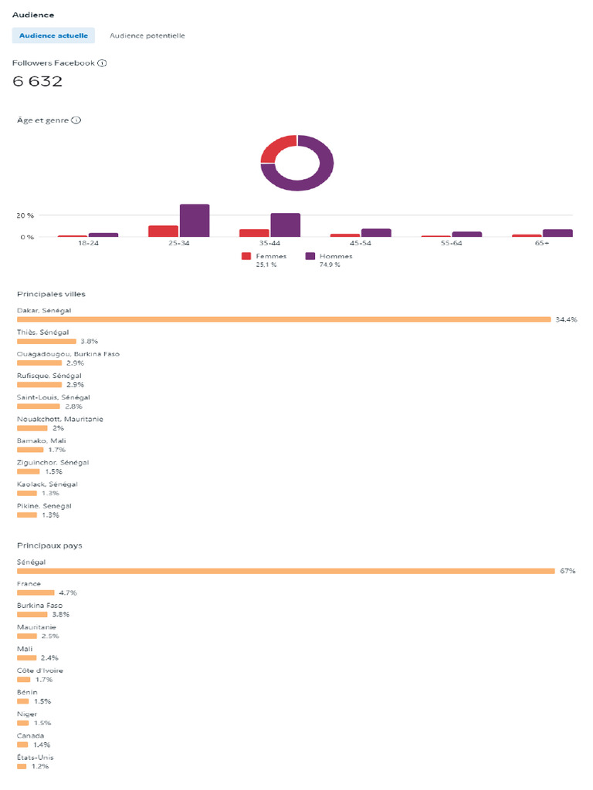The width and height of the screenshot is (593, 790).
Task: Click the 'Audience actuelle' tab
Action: click(53, 35)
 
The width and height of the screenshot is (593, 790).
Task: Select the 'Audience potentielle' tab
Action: click(147, 35)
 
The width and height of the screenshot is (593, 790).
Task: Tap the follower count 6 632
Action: click(38, 82)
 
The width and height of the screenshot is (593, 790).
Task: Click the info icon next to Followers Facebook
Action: click(102, 63)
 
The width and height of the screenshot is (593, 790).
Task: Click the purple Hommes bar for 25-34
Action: click(195, 221)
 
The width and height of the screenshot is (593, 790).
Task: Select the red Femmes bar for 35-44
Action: click(253, 233)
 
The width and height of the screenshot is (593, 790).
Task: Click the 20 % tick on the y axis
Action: click(25, 215)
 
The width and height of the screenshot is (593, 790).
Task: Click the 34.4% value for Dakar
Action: click(566, 319)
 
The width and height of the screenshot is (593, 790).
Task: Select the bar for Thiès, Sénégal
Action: click(46, 340)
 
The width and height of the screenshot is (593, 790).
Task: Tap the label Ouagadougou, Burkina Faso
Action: click(68, 354)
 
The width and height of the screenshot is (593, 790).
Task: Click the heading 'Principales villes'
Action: click(51, 294)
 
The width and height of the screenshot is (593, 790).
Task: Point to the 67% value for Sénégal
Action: click(568, 571)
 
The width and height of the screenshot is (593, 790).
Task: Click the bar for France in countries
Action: click(36, 592)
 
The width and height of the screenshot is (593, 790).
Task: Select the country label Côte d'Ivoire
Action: click(40, 670)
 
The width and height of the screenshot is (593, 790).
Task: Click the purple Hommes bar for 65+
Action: click(557, 233)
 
